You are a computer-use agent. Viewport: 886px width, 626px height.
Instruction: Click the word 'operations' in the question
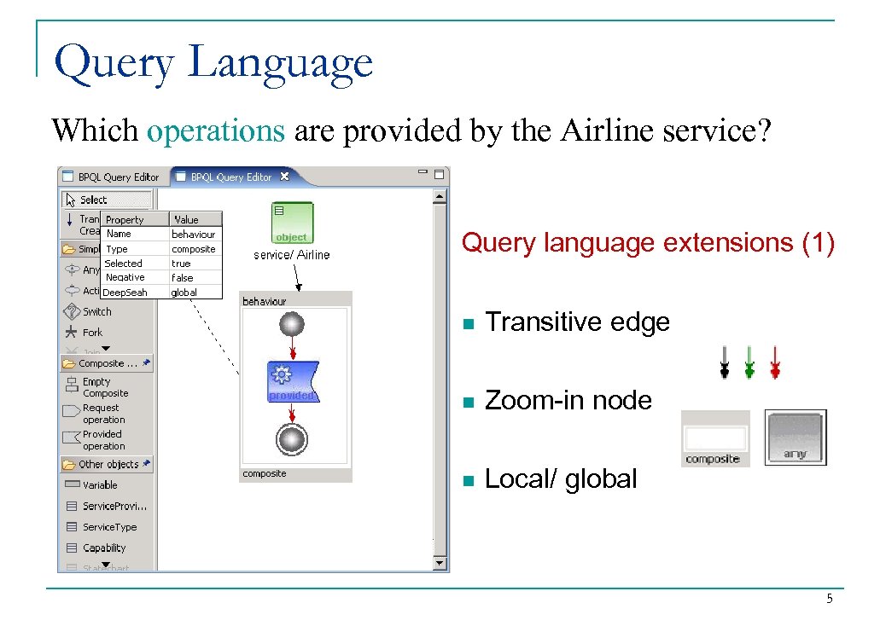click(215, 131)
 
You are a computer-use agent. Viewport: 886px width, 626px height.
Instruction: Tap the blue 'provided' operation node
click(292, 381)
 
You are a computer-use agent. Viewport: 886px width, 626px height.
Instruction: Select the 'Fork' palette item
click(91, 333)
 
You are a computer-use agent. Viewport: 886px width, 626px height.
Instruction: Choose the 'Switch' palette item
click(96, 311)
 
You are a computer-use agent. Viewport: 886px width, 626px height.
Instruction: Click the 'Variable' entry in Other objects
click(99, 484)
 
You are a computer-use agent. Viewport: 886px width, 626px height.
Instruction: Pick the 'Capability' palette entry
click(103, 548)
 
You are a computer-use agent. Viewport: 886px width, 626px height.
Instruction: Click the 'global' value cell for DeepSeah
click(184, 293)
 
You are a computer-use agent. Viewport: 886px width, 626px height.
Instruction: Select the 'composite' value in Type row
click(194, 249)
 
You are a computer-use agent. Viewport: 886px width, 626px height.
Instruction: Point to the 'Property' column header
click(125, 220)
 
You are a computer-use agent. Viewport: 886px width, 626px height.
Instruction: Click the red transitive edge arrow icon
click(774, 362)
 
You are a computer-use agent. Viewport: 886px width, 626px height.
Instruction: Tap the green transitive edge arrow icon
click(749, 362)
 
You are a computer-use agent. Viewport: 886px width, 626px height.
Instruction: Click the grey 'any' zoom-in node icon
click(795, 438)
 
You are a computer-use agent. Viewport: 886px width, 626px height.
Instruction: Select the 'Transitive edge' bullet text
click(577, 322)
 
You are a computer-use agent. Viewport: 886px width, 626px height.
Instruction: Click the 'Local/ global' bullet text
click(561, 479)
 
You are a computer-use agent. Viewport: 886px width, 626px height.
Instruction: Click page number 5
click(829, 600)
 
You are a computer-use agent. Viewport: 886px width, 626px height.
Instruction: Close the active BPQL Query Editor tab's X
click(285, 177)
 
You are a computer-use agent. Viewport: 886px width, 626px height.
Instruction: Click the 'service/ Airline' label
click(291, 255)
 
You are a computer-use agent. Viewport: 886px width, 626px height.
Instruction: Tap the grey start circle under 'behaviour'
click(292, 325)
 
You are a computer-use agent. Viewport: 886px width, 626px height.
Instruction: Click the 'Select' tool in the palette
click(93, 200)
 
